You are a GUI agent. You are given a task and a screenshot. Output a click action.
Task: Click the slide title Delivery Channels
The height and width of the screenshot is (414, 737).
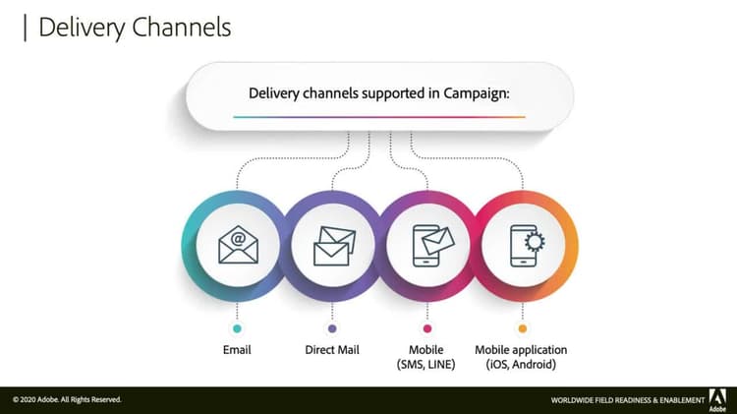coord(135,27)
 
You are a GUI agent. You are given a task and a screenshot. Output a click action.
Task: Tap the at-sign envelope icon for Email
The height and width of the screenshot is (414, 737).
coord(238,244)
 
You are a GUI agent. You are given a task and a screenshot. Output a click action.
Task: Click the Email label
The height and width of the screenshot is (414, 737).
coord(237,350)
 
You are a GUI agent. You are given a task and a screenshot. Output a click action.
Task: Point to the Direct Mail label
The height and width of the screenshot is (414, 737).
coord(332,350)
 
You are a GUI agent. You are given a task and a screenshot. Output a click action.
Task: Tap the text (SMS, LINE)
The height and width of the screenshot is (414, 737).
coord(426,365)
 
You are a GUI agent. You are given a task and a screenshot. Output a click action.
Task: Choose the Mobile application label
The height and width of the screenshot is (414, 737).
coord(521,350)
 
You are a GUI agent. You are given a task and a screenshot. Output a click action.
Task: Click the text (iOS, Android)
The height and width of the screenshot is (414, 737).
coord(521,365)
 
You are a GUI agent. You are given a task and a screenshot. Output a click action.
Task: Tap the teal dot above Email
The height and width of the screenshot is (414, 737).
coord(237,328)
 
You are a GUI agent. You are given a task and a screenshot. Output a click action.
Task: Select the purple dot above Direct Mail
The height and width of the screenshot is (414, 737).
coord(332,328)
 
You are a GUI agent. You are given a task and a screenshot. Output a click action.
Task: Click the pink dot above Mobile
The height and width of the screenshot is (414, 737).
coord(426,328)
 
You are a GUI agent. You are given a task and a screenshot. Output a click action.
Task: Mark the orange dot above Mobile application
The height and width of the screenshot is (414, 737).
coord(522,328)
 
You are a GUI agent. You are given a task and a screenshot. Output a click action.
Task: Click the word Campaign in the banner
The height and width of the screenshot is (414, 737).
coord(473,94)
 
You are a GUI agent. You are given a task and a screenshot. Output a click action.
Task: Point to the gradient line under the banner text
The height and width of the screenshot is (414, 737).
coord(379,117)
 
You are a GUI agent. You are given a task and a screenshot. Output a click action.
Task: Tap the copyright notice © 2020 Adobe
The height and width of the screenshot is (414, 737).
coord(67,399)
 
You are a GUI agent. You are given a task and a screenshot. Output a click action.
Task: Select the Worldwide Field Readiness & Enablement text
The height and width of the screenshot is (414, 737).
coord(627,400)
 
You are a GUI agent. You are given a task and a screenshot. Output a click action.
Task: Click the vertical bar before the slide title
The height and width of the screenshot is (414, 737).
coord(25,27)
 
